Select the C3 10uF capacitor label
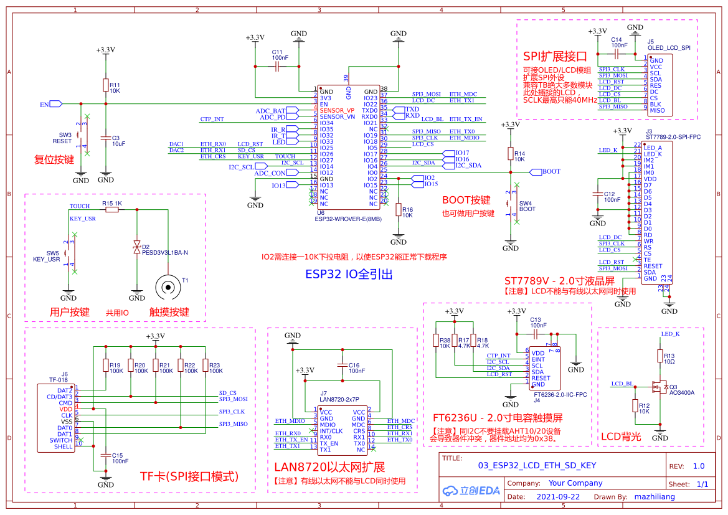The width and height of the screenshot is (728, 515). (118, 141)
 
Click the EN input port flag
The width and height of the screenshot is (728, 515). (54, 104)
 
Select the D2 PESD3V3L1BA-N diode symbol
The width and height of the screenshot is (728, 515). (137, 248)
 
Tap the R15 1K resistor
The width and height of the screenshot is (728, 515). (112, 210)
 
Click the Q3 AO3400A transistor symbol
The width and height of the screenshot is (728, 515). (658, 387)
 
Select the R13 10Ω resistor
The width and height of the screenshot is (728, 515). (660, 356)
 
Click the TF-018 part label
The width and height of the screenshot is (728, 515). (58, 379)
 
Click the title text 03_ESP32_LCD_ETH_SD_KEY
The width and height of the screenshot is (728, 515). (537, 465)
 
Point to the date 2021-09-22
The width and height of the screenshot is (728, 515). (558, 497)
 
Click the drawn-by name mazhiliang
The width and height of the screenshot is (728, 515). (654, 497)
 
